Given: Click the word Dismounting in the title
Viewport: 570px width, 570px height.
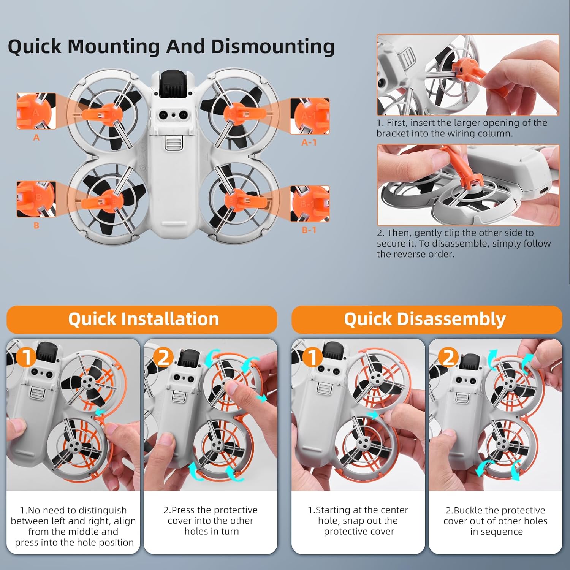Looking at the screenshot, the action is [272, 47].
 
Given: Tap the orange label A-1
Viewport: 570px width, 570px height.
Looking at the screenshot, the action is [309, 142].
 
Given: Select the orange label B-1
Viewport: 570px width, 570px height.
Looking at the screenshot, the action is [309, 230].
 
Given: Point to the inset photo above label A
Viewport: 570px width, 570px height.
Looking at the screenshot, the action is [36, 112].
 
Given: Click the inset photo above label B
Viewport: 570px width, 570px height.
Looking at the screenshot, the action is [36, 199].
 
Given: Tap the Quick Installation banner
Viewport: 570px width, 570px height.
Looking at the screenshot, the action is [142, 319].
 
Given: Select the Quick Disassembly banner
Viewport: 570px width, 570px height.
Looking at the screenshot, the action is [427, 319].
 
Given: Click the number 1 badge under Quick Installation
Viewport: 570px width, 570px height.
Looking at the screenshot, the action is [26, 357].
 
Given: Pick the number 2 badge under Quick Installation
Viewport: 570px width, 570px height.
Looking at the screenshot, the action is [163, 357].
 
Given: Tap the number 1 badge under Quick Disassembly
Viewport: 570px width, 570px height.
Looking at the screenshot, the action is [312, 357].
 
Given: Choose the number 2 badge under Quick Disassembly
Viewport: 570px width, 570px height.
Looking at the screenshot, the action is [449, 357].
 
